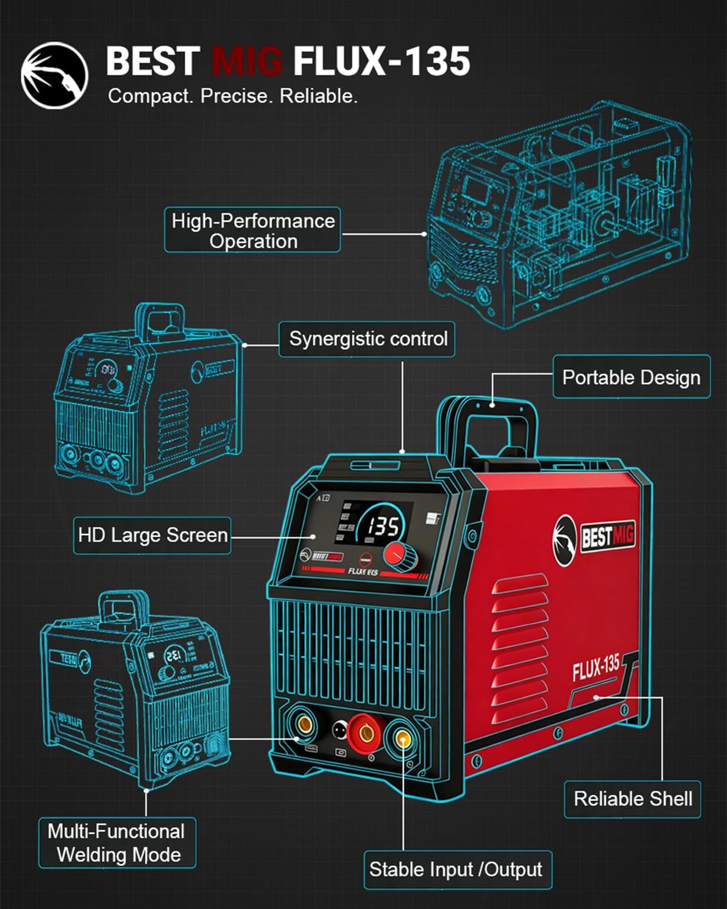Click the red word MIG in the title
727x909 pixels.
(247, 61)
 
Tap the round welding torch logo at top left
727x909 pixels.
(55, 75)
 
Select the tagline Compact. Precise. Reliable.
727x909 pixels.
(233, 96)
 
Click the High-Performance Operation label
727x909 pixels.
(253, 230)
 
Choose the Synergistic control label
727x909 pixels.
(367, 339)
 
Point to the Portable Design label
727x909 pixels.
(631, 377)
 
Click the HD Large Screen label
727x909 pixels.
(152, 535)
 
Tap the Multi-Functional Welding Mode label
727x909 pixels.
(117, 842)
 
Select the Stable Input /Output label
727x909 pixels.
(456, 870)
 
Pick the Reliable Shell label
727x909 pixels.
(632, 799)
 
